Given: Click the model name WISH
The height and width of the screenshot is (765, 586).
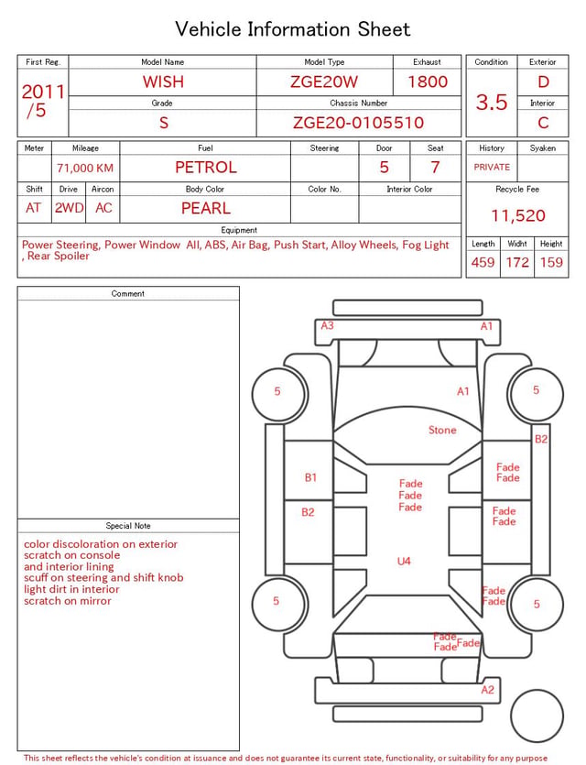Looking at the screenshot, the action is (163, 82).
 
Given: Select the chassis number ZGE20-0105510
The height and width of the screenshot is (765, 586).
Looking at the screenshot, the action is (358, 123).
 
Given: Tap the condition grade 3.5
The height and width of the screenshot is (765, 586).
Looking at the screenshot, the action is (492, 102).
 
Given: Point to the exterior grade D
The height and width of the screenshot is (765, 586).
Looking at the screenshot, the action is (543, 82).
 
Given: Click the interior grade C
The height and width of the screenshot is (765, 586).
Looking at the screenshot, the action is (543, 123).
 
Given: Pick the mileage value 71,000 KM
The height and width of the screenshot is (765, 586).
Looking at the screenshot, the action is (85, 168).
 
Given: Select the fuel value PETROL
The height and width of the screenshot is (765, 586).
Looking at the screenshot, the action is (206, 168).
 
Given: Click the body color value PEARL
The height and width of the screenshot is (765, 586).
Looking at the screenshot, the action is (206, 208).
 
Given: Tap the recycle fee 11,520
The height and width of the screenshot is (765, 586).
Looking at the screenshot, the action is (517, 215).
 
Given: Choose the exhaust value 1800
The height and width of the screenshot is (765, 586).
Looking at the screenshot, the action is (428, 82).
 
